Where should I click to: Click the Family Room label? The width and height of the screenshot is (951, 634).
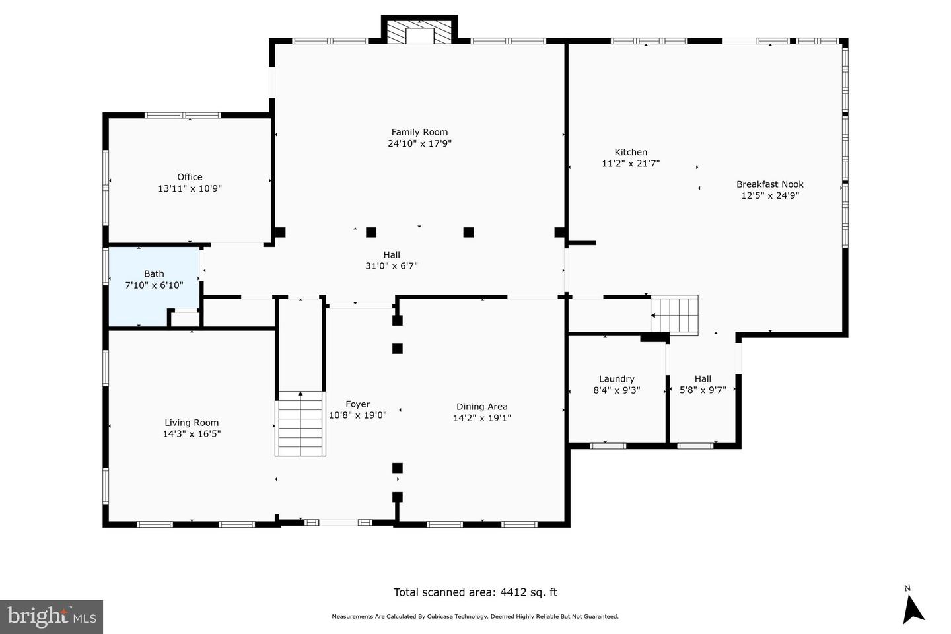click(419, 132)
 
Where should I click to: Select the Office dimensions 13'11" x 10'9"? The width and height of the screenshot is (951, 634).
click(190, 188)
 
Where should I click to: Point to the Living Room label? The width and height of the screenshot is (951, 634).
click(192, 423)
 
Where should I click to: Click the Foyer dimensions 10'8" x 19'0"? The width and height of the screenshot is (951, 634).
click(357, 415)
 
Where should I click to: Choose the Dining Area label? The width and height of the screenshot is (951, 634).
click(481, 407)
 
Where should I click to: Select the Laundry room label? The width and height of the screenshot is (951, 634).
click(616, 379)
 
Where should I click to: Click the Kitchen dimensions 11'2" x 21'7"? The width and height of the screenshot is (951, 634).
click(631, 164)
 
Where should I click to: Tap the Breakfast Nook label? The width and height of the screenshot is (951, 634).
click(769, 184)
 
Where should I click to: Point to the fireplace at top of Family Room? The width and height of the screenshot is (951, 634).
click(419, 34)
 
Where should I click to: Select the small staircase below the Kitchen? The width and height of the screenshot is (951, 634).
click(674, 315)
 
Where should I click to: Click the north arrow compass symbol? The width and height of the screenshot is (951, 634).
click(913, 606)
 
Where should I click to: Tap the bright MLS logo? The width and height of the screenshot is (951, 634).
click(52, 617)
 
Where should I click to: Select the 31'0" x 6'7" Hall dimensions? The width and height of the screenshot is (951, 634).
click(392, 266)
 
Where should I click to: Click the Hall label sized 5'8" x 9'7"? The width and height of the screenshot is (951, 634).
click(703, 379)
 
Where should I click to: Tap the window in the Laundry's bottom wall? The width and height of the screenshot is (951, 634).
click(608, 446)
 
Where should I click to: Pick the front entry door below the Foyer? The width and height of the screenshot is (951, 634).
click(339, 522)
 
